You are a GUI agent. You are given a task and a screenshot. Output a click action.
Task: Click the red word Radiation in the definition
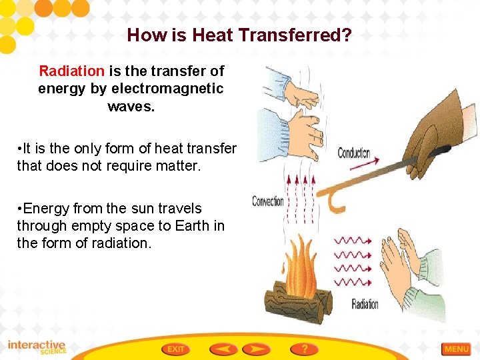click(71, 71)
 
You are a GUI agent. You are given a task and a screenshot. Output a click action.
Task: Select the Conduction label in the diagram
click(354, 153)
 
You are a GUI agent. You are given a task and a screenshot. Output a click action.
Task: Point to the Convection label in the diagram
click(268, 201)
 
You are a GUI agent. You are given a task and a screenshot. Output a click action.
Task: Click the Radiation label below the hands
click(365, 305)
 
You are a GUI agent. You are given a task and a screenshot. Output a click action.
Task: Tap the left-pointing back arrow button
click(223, 349)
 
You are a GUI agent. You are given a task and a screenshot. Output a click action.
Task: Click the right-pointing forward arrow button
click(256, 349)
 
